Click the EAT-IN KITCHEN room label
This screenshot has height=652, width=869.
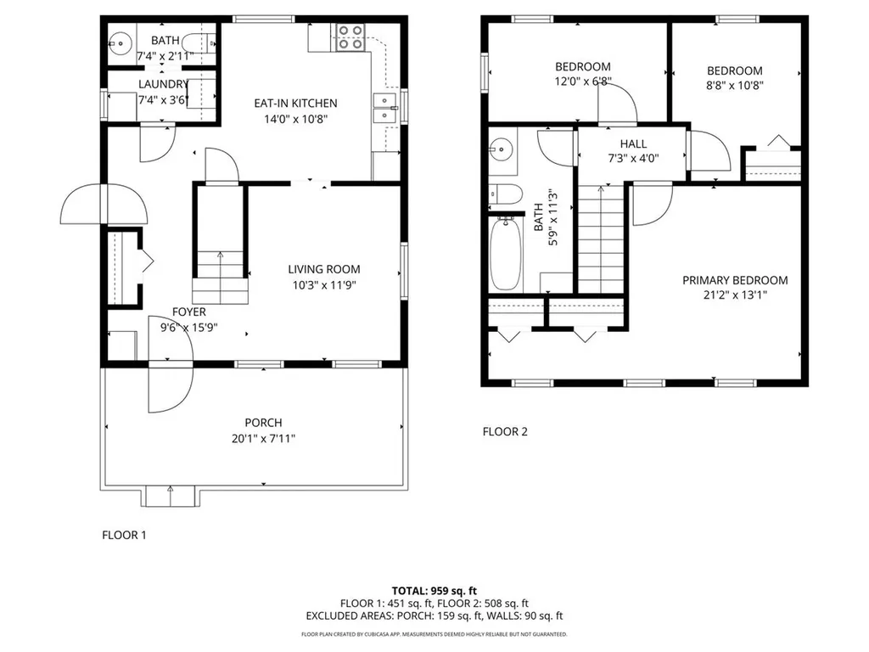coord(295,104)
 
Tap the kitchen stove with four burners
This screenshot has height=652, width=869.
coord(350,37)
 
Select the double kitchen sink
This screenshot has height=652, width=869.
coord(385,108)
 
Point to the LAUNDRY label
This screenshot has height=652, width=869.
coord(163,84)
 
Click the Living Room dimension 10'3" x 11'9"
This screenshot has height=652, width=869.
coord(320,285)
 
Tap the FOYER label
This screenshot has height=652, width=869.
coord(189,312)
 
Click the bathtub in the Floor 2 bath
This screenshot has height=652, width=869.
coord(507,253)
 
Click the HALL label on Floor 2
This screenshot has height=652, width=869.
coord(634,143)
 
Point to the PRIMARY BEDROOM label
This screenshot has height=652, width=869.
coord(735,280)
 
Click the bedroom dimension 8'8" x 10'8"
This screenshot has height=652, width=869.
coord(734,85)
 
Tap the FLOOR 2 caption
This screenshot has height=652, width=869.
coord(505,431)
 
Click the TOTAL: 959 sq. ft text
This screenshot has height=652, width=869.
coord(434,590)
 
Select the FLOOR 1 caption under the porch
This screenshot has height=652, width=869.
coord(125,535)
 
